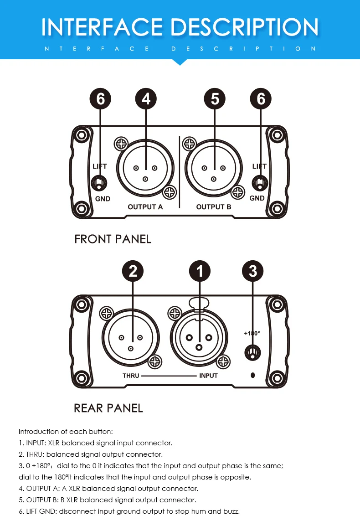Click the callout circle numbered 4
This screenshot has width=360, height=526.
146,99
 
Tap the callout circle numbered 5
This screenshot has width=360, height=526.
215,99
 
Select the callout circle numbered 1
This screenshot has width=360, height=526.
199,271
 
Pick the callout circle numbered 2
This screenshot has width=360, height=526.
133,271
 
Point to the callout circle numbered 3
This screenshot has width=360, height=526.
253,271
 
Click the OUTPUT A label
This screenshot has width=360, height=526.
145,207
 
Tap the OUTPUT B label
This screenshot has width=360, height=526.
214,207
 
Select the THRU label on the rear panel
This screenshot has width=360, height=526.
130,376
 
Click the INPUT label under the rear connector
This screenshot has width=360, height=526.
208,376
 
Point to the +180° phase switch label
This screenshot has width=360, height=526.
252,333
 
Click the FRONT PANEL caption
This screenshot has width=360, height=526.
113,239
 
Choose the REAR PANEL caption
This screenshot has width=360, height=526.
108,408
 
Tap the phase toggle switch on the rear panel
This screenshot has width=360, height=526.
253,353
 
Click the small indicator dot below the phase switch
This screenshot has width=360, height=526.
253,375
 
